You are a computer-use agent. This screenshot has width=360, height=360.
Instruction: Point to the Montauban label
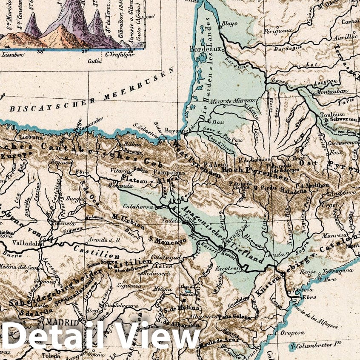pos(330,92)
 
